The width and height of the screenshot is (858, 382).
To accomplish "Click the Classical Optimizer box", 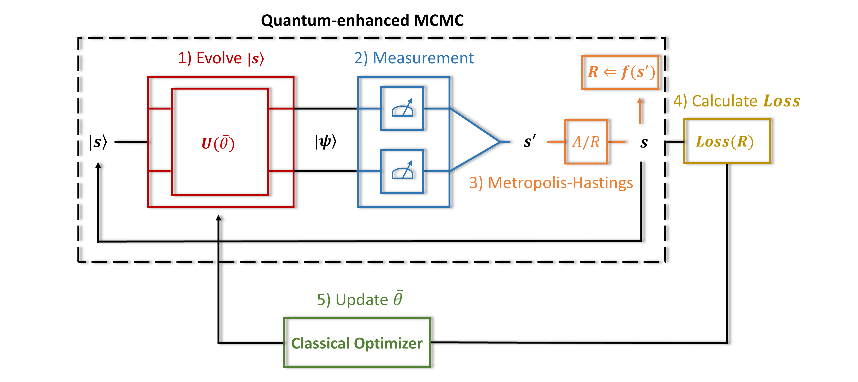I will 357,343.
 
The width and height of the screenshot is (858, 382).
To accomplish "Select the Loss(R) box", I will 727,141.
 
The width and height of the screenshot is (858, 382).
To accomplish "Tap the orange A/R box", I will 586,142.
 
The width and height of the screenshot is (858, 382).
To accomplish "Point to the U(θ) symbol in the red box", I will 218,143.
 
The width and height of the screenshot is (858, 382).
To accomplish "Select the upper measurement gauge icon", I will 402,108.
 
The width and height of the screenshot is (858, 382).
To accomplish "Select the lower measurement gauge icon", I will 402,171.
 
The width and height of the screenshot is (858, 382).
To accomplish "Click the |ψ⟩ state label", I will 325,142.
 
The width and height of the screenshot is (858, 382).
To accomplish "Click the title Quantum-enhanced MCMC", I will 362,20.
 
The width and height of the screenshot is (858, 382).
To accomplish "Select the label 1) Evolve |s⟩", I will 221,58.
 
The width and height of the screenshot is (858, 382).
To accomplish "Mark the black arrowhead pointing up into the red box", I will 219,218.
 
